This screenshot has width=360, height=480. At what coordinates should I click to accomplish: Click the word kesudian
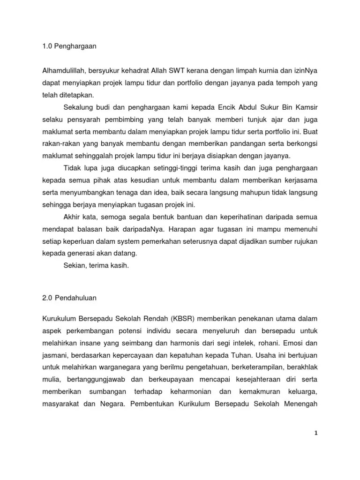click(x=142, y=180)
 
